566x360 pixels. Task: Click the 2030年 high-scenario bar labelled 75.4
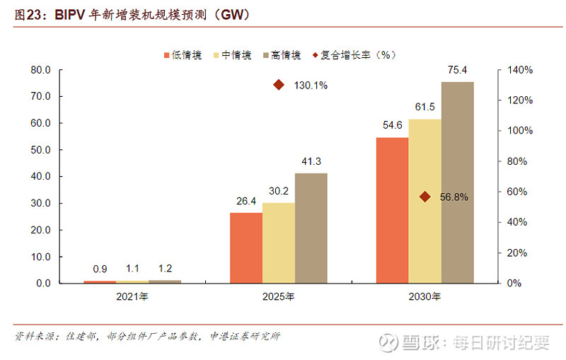point(457,182)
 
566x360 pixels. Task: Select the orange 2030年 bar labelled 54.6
point(392,210)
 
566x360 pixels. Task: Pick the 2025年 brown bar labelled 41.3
point(311,228)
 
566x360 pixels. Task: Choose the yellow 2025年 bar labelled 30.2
point(278,243)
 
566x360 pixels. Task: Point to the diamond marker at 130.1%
point(279,85)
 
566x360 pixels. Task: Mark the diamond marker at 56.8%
point(424,197)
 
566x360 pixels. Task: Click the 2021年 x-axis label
point(132,297)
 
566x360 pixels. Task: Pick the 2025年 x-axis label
point(279,297)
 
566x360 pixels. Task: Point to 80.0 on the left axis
point(40,70)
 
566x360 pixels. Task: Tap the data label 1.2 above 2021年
point(165,269)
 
